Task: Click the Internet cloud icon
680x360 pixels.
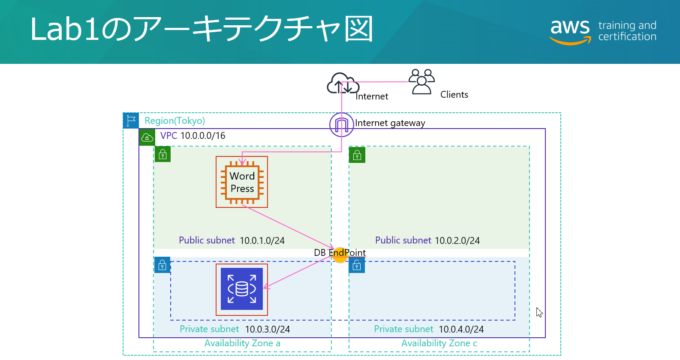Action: click(342, 83)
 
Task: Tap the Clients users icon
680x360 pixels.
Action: click(421, 81)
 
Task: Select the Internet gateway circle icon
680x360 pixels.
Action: click(341, 125)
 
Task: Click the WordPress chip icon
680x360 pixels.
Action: click(242, 182)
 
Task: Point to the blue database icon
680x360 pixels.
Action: click(242, 289)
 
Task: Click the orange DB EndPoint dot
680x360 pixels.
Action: click(340, 255)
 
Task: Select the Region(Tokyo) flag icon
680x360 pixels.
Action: click(131, 120)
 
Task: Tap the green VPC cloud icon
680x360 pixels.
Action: click(147, 138)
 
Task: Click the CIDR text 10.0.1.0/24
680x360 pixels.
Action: click(262, 241)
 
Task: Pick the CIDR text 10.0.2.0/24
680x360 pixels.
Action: click(457, 241)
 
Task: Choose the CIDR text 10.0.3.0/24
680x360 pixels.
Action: click(268, 330)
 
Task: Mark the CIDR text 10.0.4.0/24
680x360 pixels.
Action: click(461, 330)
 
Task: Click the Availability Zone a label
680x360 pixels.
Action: click(242, 343)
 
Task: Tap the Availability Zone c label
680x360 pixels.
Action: click(439, 343)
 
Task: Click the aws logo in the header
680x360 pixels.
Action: click(570, 31)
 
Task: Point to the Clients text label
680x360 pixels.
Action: click(454, 95)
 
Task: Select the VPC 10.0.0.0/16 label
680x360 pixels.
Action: click(193, 136)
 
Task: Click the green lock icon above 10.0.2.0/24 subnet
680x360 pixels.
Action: click(357, 155)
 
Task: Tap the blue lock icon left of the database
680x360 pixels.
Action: click(162, 265)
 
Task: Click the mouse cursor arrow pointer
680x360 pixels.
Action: click(539, 312)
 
